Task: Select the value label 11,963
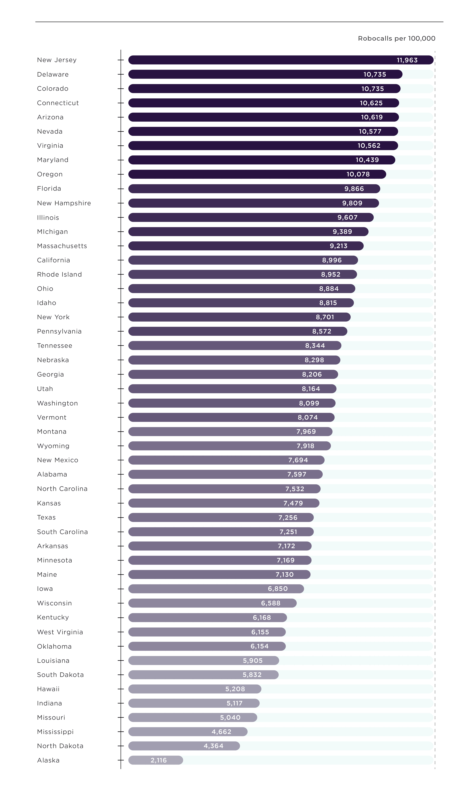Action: coord(407,60)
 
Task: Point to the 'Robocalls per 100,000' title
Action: coord(396,38)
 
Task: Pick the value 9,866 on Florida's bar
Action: coord(354,189)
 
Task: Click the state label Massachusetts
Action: coord(62,246)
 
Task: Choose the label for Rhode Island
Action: coord(59,274)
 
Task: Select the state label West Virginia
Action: coord(60,632)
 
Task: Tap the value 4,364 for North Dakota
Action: coord(214,746)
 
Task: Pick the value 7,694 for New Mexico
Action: coord(298,460)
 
